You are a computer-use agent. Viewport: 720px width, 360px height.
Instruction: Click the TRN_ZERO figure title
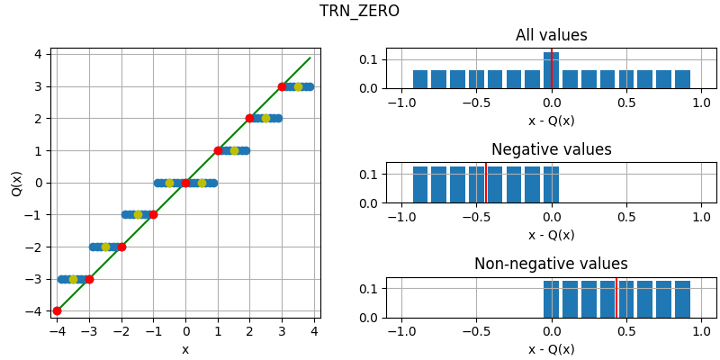pos(359,11)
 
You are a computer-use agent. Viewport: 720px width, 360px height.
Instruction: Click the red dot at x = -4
pos(57,311)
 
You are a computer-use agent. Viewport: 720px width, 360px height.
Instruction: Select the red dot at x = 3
pos(282,86)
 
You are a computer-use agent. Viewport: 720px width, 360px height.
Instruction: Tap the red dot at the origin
pos(185,183)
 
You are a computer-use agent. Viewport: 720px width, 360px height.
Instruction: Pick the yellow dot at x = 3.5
pos(298,86)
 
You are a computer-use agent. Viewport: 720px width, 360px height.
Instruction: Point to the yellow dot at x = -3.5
pos(73,279)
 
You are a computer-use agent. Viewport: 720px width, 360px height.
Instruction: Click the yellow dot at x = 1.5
pos(234,150)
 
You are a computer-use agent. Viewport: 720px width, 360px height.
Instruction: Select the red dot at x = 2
pos(249,118)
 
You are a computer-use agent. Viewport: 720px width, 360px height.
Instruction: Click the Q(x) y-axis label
pos(16,183)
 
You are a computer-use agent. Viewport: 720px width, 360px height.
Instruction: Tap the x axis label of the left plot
pos(185,349)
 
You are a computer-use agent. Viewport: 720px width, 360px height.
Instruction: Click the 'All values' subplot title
pos(551,36)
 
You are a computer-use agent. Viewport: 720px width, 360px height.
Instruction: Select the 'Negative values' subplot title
pos(551,150)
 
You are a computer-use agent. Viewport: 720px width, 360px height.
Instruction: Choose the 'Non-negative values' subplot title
pos(551,265)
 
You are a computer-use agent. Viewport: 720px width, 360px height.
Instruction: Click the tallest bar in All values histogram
pos(551,72)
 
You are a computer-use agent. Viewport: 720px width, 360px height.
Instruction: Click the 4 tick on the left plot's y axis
pos(38,54)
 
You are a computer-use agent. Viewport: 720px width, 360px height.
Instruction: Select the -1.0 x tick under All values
pos(401,103)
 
